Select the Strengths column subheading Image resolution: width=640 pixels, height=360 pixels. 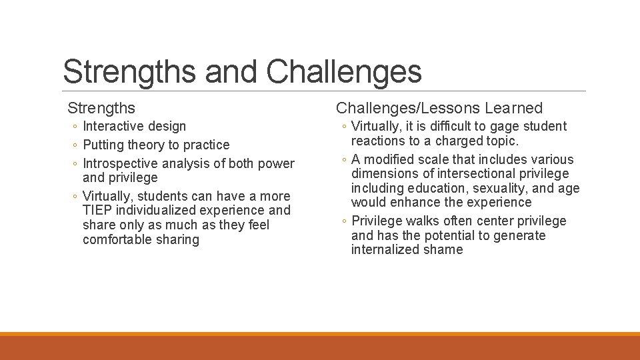point(101,108)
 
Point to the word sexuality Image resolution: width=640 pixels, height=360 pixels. point(497,189)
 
